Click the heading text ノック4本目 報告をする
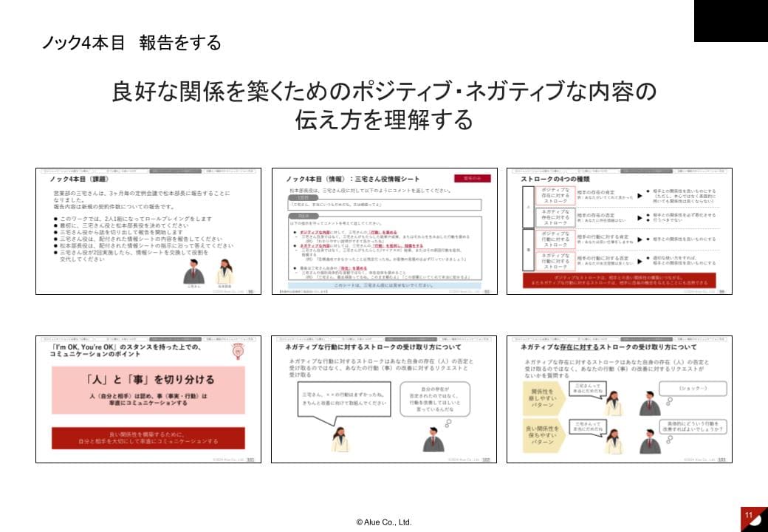tap(131, 43)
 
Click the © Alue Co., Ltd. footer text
tap(383, 522)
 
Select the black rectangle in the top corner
tap(730, 21)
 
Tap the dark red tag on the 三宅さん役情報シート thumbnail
tap(471, 178)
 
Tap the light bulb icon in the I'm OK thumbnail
tap(239, 352)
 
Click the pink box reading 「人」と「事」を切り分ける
tap(148, 389)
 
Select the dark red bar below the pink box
tap(148, 438)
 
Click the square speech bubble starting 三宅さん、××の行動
tap(343, 400)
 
